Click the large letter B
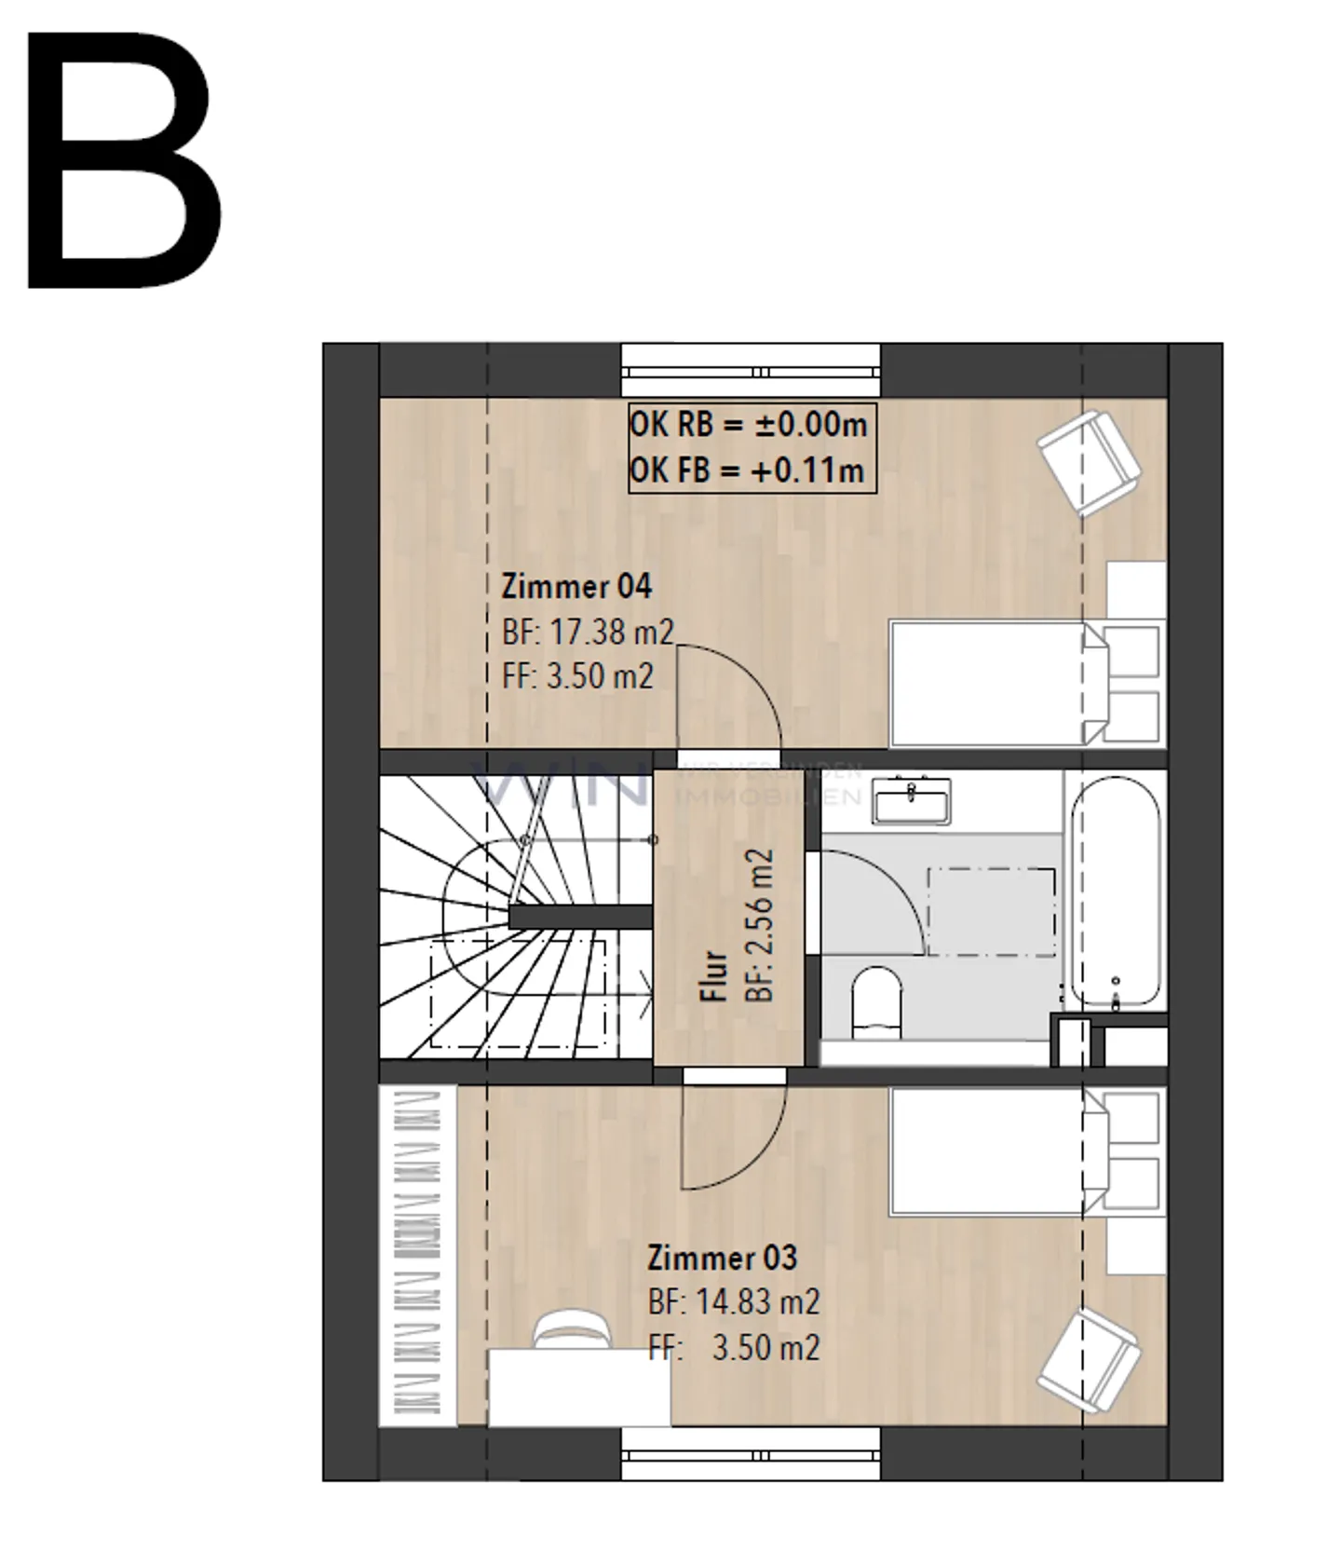pos(123,160)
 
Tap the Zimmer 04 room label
pos(576,586)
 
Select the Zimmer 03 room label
pos(723,1258)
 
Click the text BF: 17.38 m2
pos(587,632)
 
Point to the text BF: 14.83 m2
pos(734,1302)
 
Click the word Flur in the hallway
pos(713,975)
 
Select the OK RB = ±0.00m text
pos(749,425)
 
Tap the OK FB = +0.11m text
pos(747,470)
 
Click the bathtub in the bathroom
pos(1115,894)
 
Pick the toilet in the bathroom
pos(877,1001)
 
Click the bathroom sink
pos(913,800)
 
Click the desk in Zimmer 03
pos(578,1388)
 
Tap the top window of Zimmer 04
pos(751,371)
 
